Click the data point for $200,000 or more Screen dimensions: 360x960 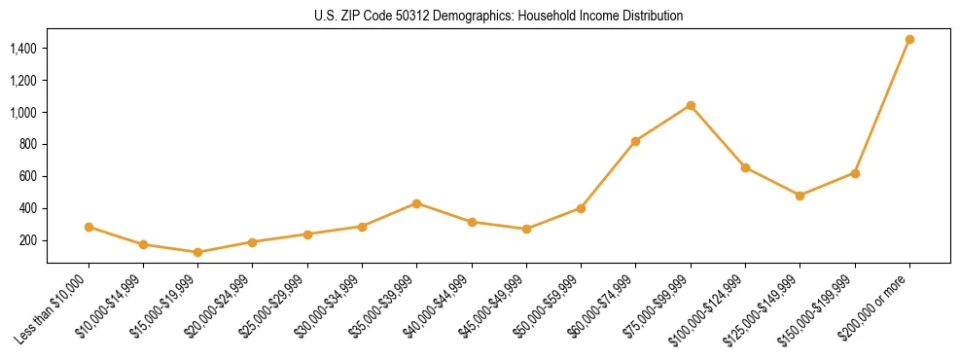[909, 40]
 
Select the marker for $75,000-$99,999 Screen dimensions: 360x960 [691, 105]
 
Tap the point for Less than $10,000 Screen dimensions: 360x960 [89, 227]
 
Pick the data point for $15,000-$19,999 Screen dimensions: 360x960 [198, 252]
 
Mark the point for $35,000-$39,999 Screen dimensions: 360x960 [416, 203]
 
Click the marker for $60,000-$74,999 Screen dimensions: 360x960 [635, 141]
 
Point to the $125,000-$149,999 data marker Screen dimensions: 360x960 [800, 196]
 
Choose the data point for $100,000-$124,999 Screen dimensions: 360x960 [745, 167]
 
